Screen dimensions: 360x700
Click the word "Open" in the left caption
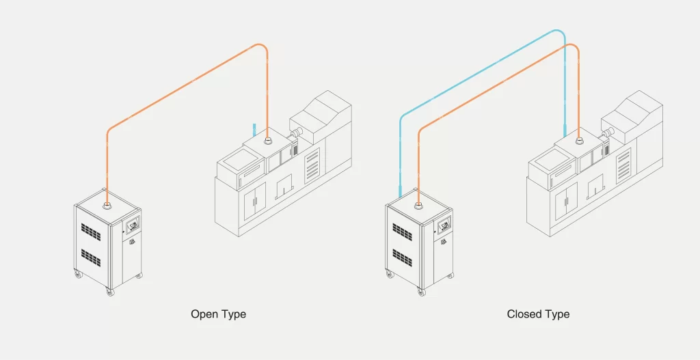(204, 314)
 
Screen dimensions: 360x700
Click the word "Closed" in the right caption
(523, 314)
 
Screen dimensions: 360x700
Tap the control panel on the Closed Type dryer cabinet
(445, 223)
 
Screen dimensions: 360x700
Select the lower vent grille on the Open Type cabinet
(91, 257)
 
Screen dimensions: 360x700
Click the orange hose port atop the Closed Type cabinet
(418, 202)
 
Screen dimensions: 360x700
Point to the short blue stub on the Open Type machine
(254, 130)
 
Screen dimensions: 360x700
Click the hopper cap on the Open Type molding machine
(267, 142)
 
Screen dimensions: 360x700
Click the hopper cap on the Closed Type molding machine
(579, 141)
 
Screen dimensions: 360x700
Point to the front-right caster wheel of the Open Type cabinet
(110, 292)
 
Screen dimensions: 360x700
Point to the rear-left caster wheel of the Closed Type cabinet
(390, 274)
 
